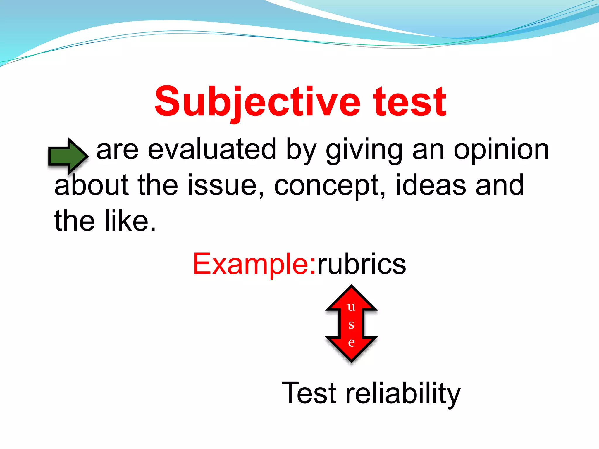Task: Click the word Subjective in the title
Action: coord(257,102)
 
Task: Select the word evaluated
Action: coord(212,150)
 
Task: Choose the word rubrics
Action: coord(362,264)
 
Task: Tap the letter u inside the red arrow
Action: coord(351,307)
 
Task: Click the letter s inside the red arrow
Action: coord(351,324)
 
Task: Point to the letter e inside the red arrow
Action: coord(351,342)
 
